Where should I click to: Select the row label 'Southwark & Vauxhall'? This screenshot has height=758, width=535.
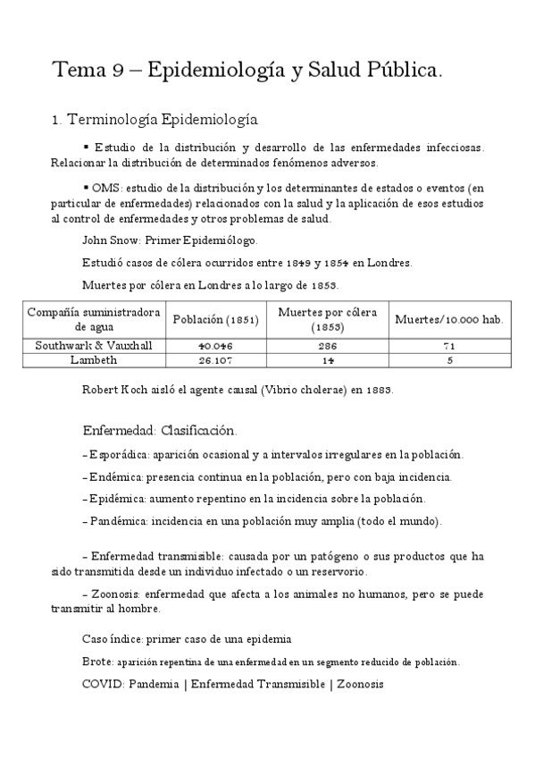coord(93,345)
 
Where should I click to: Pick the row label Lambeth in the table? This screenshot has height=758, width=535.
coord(93,359)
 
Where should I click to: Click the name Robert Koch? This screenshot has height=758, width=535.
coord(113,391)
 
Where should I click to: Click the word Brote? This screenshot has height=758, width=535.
coord(96,662)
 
